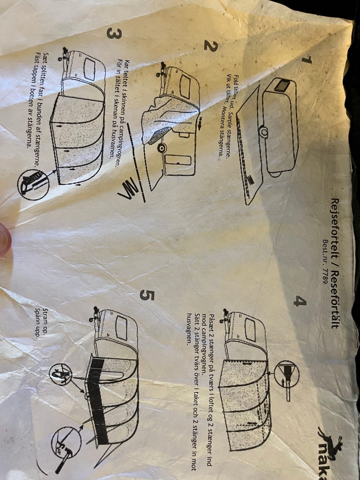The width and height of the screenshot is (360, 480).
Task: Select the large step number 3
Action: click(x=114, y=34)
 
